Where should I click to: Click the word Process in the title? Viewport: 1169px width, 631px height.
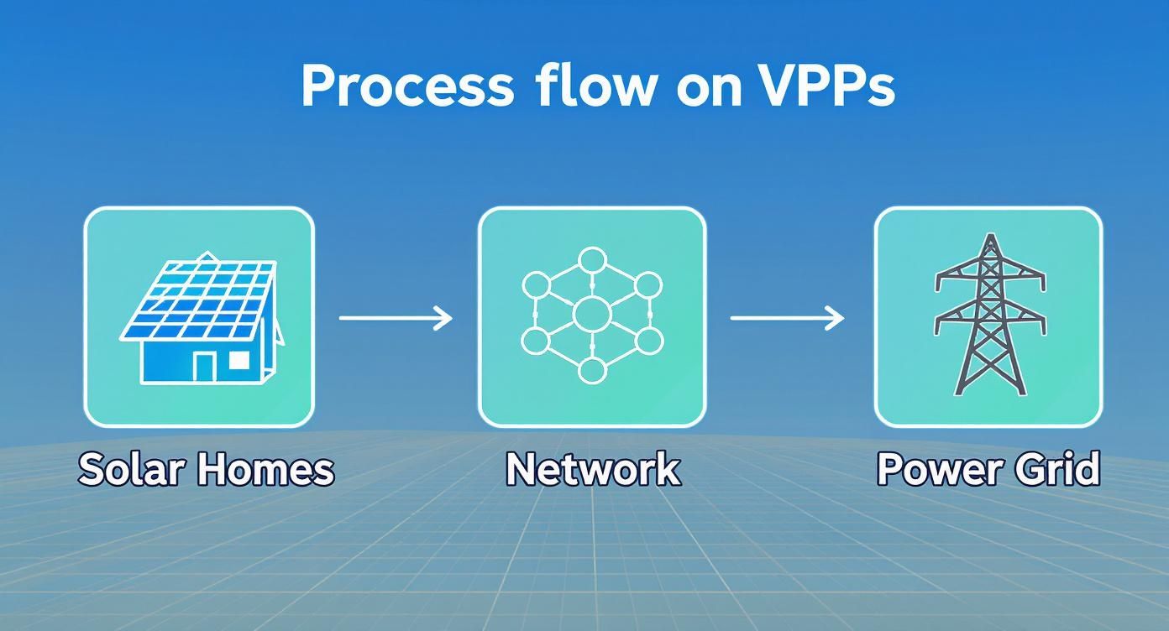click(406, 86)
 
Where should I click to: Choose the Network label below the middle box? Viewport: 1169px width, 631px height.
click(592, 470)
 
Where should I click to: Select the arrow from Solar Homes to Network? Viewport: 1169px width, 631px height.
click(396, 318)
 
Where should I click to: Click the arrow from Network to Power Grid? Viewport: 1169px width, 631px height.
click(787, 318)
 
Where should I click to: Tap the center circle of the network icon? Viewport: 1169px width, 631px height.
click(591, 315)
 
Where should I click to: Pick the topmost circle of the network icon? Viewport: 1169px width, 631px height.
click(592, 260)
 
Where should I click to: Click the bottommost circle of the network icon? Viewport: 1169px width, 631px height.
click(592, 370)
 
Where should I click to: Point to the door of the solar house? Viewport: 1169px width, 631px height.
click(204, 366)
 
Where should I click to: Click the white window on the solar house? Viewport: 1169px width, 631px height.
click(239, 360)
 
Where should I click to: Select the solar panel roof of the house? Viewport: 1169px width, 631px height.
click(202, 298)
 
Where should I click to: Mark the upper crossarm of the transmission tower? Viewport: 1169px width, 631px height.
click(990, 276)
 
